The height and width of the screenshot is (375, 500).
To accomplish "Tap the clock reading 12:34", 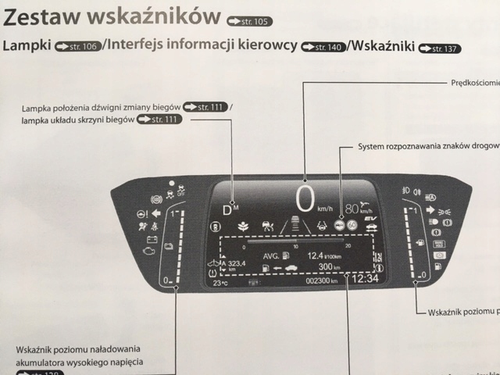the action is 364,278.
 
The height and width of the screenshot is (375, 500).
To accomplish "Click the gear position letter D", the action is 227,209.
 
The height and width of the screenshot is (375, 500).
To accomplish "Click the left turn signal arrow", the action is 155,212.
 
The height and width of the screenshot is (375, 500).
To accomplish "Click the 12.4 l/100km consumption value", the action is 320,255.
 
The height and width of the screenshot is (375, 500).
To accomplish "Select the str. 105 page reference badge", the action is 248,20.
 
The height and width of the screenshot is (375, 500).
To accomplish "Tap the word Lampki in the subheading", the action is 28,46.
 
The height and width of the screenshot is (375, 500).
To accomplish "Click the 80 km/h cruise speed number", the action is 352,209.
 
